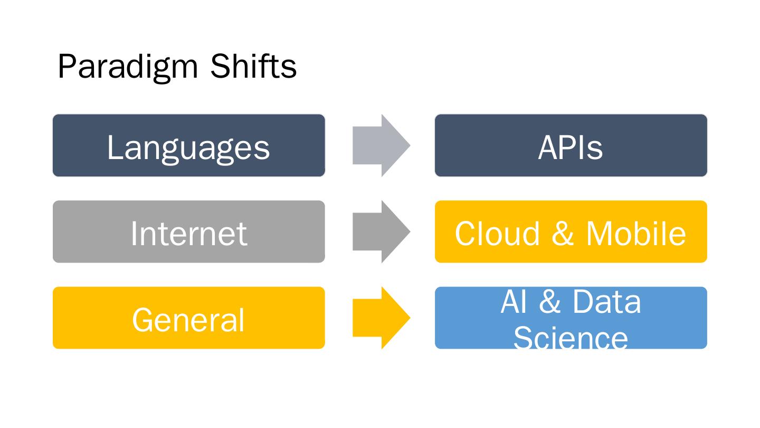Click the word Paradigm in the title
pos(128,67)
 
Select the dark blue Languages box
pos(188,145)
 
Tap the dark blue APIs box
pos(571,145)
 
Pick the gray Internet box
pos(188,231)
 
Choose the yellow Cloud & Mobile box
pos(571,231)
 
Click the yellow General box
pos(188,318)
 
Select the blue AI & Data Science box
pos(571,318)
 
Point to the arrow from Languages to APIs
pos(382,145)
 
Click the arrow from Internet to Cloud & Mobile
pos(382,231)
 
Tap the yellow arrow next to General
pos(382,318)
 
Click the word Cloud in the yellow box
pos(497,234)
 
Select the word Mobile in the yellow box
pos(636,234)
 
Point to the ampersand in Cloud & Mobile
pos(563,234)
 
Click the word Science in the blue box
pos(571,338)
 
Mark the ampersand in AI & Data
pos(549,302)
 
